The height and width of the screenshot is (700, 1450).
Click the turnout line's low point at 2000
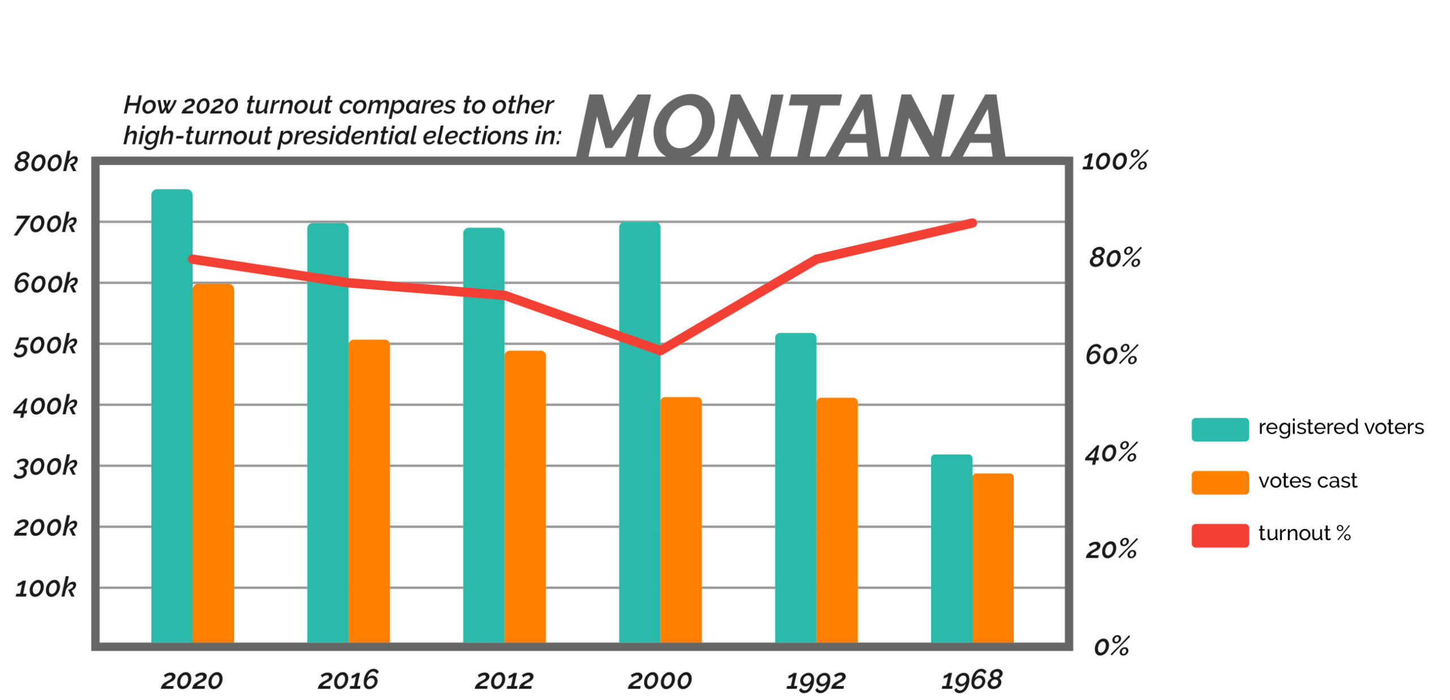pos(660,350)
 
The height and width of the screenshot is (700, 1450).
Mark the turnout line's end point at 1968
pos(972,223)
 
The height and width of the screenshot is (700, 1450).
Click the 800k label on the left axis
pos(45,162)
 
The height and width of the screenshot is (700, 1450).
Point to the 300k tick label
pos(45,466)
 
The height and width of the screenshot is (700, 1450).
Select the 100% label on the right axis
pos(1114,161)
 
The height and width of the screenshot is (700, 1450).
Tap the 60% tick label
pos(1111,355)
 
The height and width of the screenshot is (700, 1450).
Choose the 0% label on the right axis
pos(1111,646)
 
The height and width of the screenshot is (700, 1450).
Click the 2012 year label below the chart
pos(504,680)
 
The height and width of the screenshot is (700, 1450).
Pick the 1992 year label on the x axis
pos(816,681)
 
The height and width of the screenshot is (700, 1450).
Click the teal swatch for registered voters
pos(1219,429)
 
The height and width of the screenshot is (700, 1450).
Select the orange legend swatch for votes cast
pos(1219,482)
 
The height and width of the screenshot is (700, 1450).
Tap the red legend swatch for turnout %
pos(1219,535)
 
